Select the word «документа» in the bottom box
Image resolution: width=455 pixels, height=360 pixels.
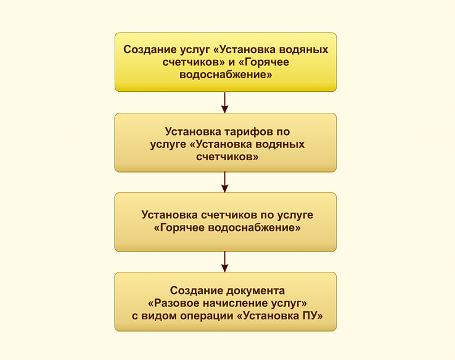pos(256,291)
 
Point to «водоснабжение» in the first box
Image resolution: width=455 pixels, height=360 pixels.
pos(226,75)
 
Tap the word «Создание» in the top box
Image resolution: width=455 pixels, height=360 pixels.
pos(150,49)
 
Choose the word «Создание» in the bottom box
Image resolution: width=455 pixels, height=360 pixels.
pos(197,291)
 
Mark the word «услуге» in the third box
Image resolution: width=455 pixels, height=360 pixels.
pos(295,215)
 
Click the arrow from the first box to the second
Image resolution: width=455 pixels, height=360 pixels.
pos(224,102)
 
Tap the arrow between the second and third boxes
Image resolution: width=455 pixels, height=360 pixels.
pos(224,182)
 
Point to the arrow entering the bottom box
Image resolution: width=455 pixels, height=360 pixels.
pos(224,261)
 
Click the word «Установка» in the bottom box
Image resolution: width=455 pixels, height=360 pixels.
pos(268,316)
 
